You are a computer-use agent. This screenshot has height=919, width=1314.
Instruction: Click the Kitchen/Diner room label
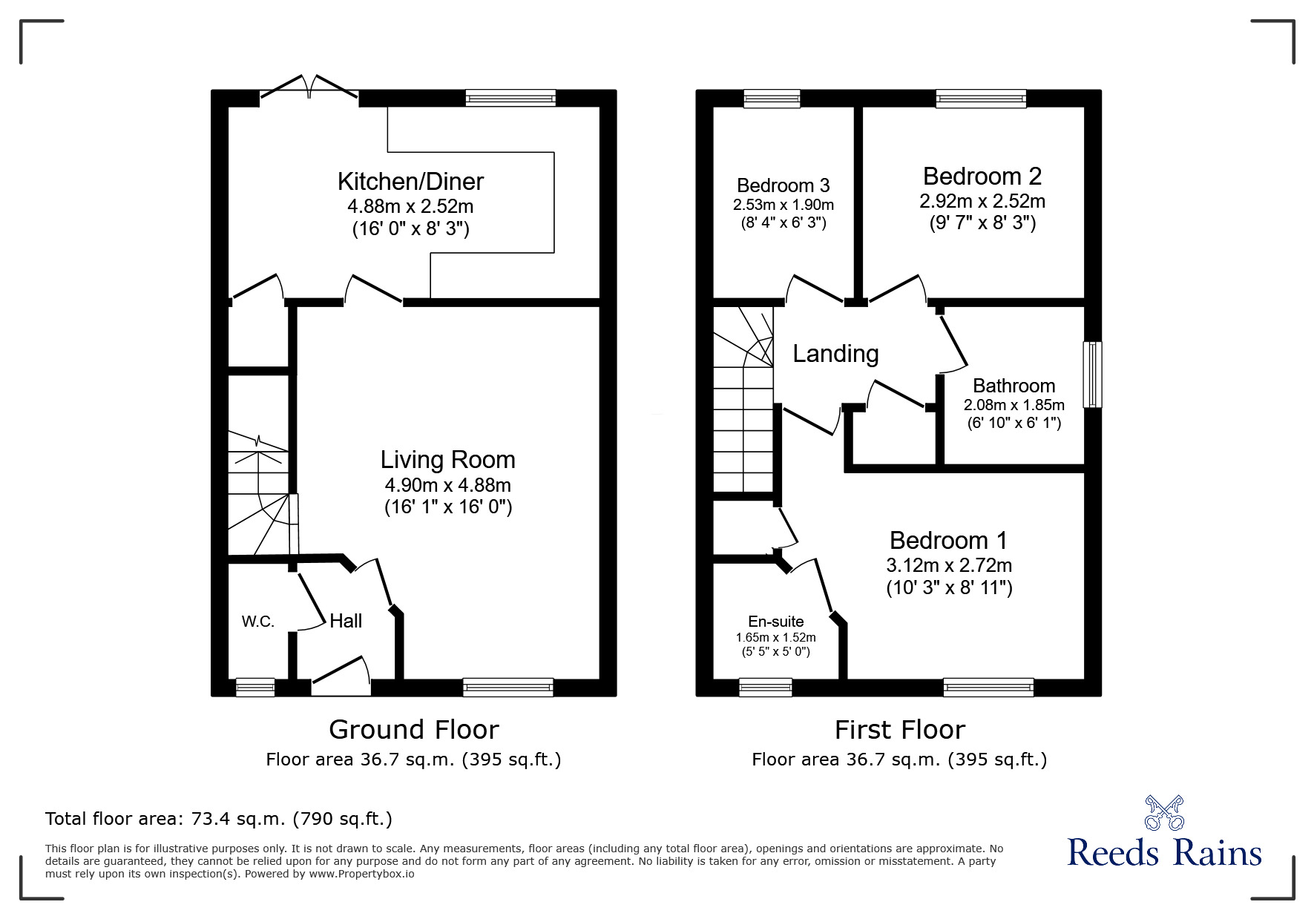pos(410,181)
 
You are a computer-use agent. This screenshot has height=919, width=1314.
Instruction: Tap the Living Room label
pos(447,460)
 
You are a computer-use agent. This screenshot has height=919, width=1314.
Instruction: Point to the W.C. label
pos(258,622)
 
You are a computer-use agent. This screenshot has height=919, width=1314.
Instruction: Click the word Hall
pos(346,621)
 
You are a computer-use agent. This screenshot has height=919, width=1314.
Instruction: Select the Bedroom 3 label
pos(783,185)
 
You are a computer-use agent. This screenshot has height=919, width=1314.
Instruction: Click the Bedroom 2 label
pos(982,176)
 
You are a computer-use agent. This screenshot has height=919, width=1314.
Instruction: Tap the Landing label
pos(835,354)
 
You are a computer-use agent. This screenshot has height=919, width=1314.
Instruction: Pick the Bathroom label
pos(1014,386)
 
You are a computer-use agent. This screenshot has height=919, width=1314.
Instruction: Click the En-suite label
pos(775,622)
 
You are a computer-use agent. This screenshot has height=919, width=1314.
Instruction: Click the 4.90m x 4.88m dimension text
pos(447,486)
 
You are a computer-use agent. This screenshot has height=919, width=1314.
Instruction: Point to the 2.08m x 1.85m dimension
pos(1014,405)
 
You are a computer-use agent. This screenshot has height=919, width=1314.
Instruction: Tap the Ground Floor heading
pos(413,730)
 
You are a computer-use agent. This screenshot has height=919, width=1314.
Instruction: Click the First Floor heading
pos(899,730)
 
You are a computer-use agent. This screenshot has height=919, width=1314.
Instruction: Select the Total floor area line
pos(219,819)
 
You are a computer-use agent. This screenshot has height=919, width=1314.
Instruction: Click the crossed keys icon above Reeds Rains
pos(1164,813)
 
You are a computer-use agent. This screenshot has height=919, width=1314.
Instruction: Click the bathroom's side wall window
pos(1092,375)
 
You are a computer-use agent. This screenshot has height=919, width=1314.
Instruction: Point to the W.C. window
pos(255,688)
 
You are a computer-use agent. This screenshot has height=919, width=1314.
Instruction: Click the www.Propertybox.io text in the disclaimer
pos(361,874)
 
